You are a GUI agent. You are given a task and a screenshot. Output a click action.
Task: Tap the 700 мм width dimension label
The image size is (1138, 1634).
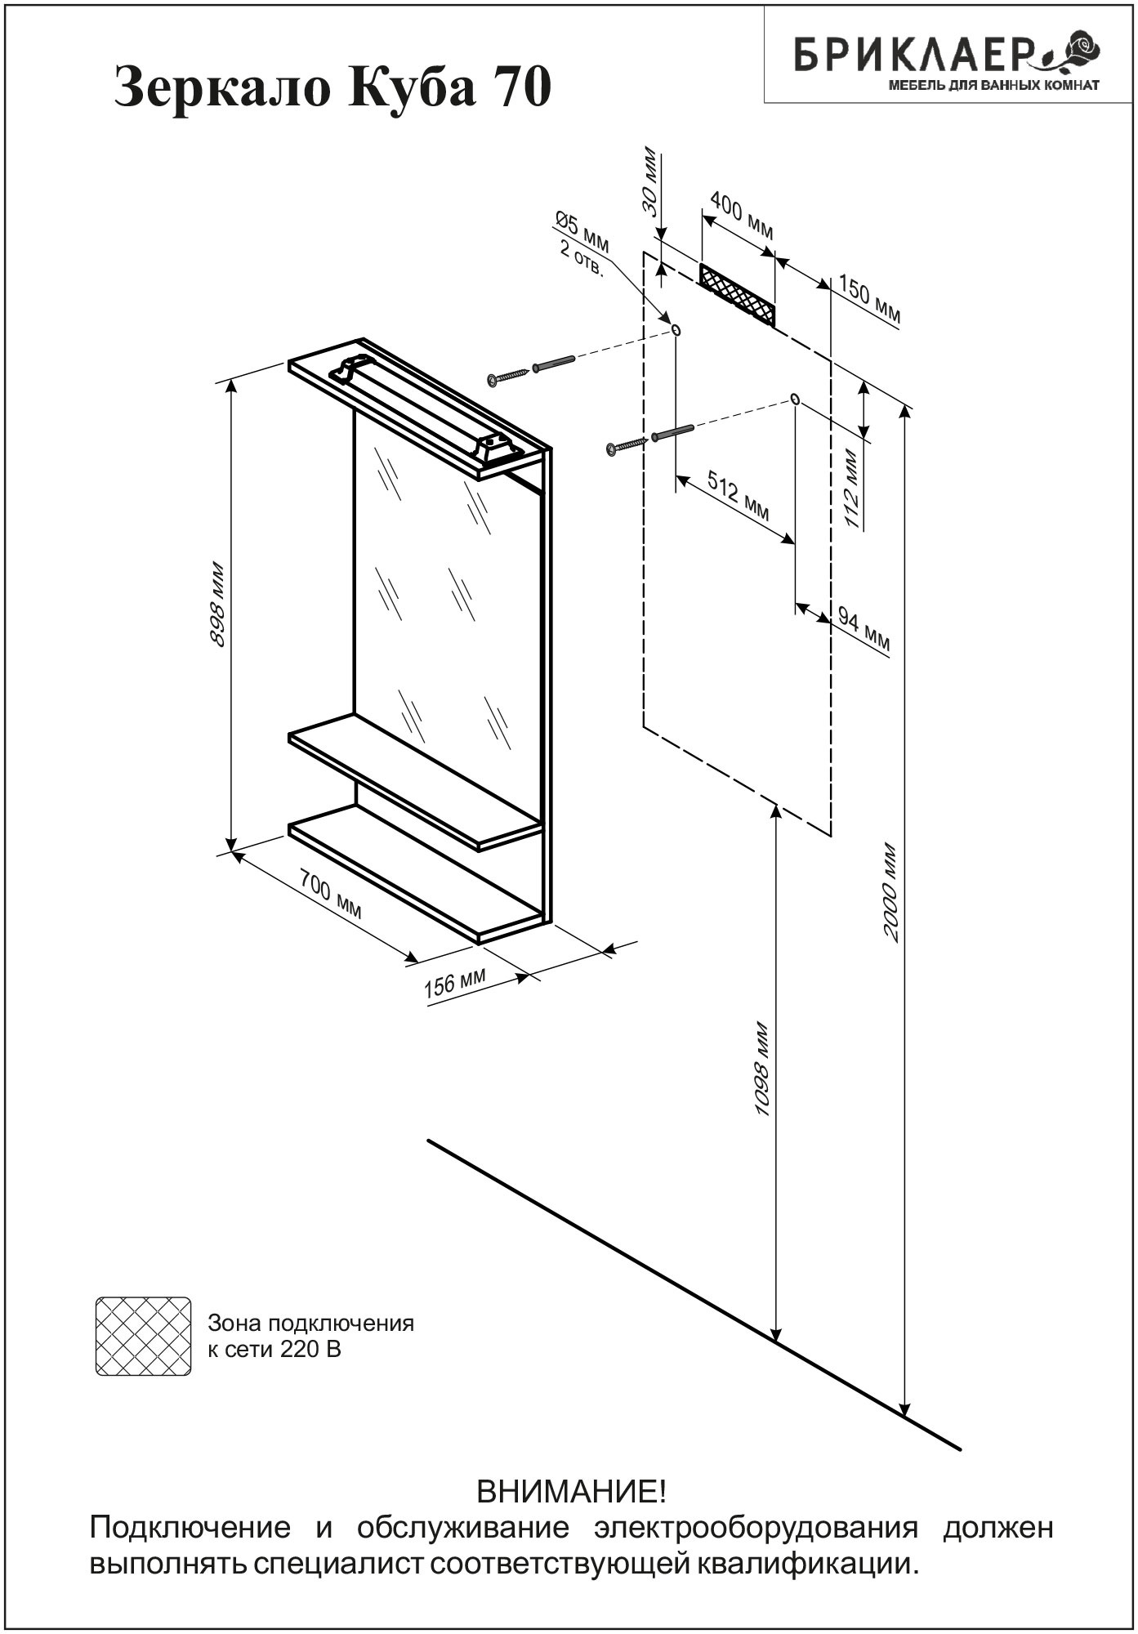point(331,894)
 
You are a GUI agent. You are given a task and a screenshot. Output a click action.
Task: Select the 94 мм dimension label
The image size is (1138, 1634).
point(863,630)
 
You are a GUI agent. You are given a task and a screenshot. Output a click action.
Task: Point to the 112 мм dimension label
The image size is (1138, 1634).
point(852,488)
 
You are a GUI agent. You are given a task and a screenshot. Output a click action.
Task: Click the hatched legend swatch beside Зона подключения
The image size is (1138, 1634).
point(143,1336)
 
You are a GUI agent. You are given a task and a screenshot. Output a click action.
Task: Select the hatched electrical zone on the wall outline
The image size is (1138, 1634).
point(737,294)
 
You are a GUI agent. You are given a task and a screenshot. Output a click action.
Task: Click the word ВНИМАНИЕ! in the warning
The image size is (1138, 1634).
point(571,1493)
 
